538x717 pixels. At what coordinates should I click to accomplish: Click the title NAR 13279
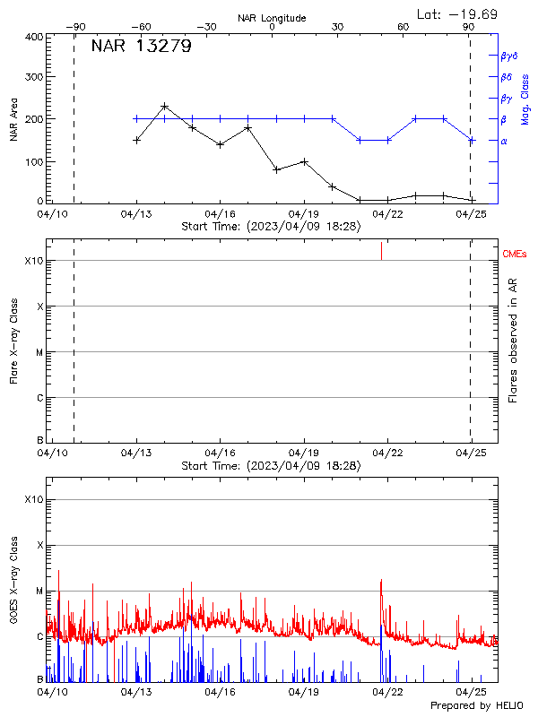141,48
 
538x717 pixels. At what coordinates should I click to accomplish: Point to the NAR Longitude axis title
272,18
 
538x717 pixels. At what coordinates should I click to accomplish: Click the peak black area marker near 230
164,106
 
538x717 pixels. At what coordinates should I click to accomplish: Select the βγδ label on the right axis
510,56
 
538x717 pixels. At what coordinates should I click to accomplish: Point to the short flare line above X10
381,250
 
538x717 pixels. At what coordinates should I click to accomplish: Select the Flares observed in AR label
512,339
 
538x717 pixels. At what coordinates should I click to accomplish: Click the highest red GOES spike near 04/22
381,581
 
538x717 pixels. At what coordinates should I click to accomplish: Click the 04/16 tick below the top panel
220,214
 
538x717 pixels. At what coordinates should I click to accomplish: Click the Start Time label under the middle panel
271,466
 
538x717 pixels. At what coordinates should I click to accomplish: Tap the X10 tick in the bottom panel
34,499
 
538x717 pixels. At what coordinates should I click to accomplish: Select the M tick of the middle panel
39,352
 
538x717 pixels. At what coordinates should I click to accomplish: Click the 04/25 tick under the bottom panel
471,692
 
